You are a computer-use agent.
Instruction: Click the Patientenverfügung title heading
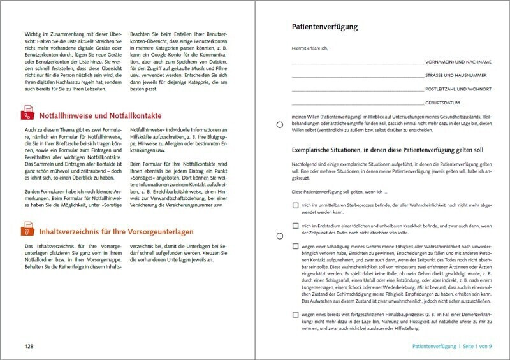(x=324, y=27)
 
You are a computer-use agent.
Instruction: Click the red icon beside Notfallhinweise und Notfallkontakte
(x=27, y=115)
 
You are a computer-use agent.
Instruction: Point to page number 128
(x=25, y=346)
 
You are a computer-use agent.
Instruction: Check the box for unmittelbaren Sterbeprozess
(x=295, y=205)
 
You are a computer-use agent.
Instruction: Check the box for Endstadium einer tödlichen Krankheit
(x=295, y=226)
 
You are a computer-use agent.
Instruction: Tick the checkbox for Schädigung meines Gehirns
(x=295, y=246)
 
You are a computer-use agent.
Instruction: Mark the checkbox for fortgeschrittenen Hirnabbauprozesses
(x=295, y=315)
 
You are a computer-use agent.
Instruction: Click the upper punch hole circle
(x=280, y=124)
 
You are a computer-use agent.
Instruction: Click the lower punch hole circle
(x=280, y=236)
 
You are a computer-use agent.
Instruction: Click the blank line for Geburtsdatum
(x=357, y=103)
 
